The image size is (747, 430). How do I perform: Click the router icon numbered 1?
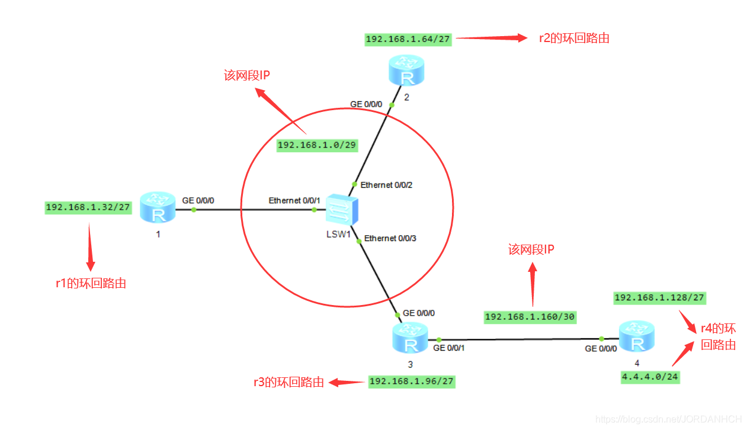pos(158,207)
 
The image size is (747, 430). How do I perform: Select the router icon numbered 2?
pos(406,70)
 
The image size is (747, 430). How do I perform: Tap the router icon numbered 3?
pos(410,338)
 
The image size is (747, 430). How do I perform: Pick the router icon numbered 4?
pos(637,336)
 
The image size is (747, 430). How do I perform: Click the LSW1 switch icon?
pos(342,210)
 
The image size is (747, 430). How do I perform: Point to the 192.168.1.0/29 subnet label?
pos(317,145)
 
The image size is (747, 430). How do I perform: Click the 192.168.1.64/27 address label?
pos(408,39)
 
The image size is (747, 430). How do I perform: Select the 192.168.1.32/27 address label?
pos(88,208)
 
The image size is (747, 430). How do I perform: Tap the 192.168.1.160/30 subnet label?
pos(530,317)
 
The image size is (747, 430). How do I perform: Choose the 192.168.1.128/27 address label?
pos(660,298)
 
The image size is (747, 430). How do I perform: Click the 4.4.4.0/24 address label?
pos(650,377)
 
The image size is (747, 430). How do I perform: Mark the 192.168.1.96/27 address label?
pos(412,381)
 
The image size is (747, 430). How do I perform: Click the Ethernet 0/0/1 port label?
pos(294,200)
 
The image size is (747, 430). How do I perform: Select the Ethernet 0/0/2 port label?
pos(386,185)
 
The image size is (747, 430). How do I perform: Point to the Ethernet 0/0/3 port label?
pos(390,238)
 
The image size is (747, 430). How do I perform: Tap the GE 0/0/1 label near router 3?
pos(448,348)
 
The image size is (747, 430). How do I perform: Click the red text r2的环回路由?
pos(574,38)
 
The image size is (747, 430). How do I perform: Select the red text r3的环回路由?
pos(289,383)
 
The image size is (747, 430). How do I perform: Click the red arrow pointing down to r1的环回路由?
pos(89,247)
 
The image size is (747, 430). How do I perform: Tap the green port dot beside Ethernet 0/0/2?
pos(354,184)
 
